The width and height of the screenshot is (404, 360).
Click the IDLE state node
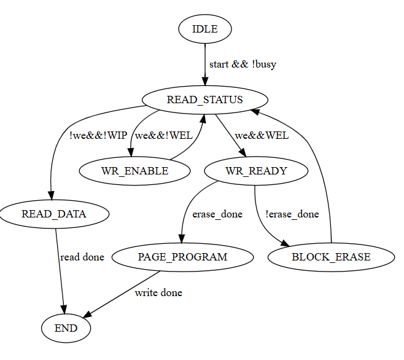tap(204, 29)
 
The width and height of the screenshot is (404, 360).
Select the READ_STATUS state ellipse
tap(205, 100)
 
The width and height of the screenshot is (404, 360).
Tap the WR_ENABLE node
tap(134, 171)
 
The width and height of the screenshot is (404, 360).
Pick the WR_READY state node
tap(256, 171)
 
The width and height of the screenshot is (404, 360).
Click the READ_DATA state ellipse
tap(54, 214)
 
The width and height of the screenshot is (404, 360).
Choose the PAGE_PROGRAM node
tap(182, 257)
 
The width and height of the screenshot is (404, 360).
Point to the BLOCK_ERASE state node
tap(332, 257)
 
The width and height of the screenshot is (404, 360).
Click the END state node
tap(66, 328)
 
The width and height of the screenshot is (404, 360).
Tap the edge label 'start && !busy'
tap(243, 65)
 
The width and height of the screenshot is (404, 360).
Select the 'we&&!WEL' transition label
tap(163, 136)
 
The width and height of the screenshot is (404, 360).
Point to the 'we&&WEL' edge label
tap(262, 136)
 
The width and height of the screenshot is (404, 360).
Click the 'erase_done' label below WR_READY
tap(217, 214)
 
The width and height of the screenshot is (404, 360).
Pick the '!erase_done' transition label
tap(292, 214)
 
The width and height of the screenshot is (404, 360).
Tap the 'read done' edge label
tap(82, 257)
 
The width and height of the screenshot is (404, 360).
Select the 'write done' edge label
tap(158, 292)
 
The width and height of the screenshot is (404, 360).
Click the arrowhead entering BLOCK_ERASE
tap(286, 246)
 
